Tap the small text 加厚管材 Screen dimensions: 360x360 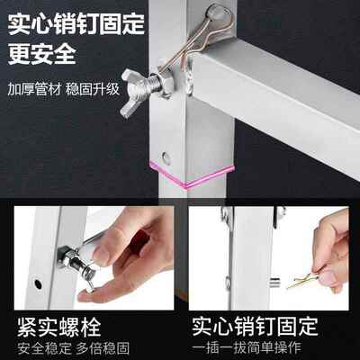29,90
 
